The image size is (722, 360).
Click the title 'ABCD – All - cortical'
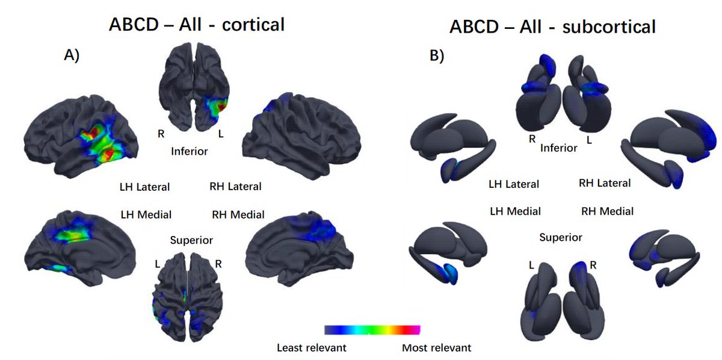pos(196,25)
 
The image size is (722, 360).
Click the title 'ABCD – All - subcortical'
pos(552,27)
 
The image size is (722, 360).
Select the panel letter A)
pos(72,55)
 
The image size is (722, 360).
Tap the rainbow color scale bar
pos(372,329)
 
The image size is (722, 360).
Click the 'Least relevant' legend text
pos(311,347)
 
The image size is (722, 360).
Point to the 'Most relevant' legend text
pos(436,347)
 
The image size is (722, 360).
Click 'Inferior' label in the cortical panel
pos(190,151)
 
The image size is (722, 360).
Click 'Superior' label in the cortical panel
pos(191,240)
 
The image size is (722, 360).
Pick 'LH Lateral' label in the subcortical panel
pos(513,184)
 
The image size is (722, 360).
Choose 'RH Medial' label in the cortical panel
pos(238,214)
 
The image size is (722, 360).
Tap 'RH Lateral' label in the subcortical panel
pos(604,183)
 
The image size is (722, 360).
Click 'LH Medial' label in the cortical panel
pos(146,214)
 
